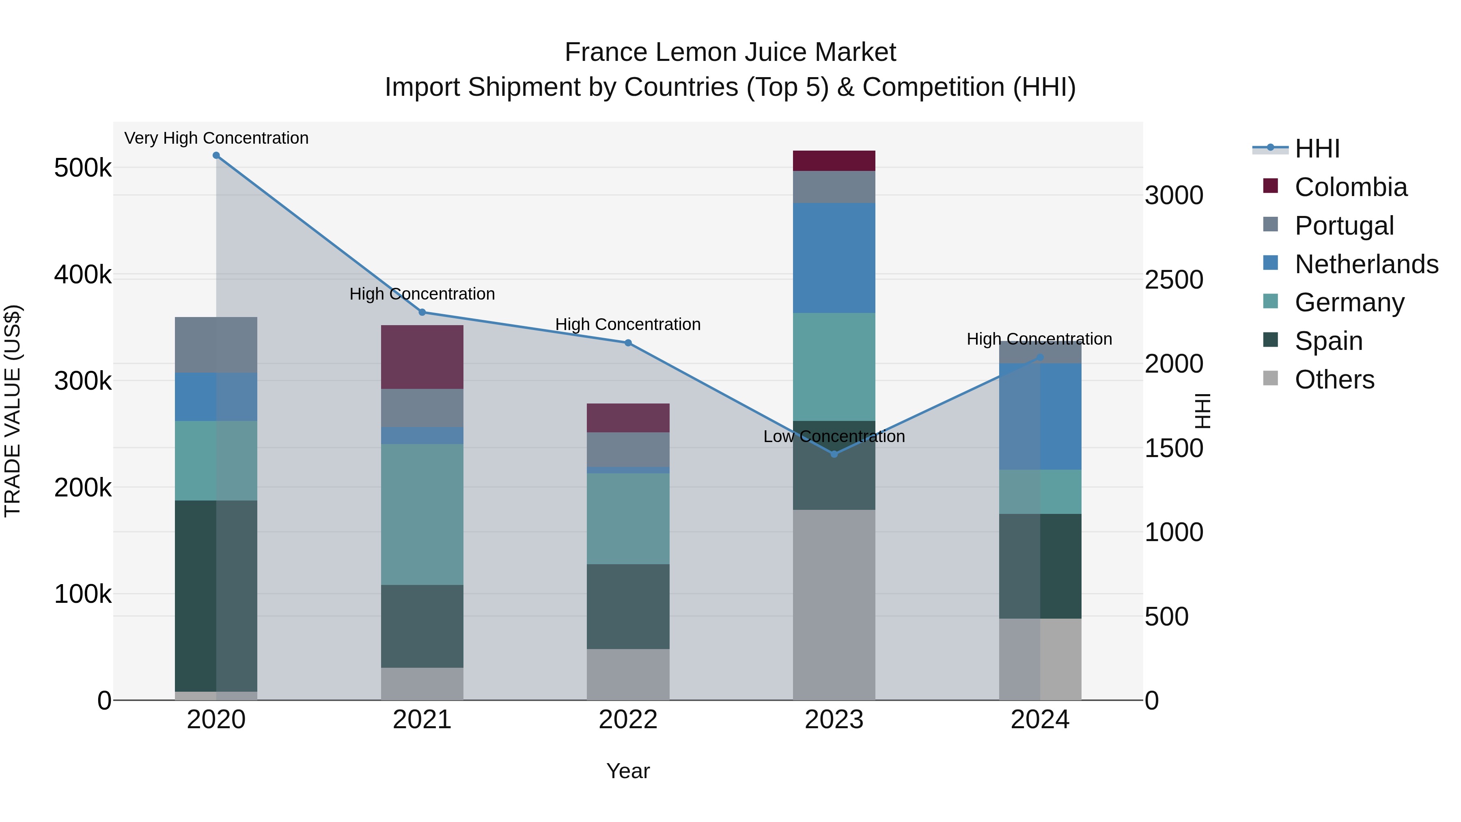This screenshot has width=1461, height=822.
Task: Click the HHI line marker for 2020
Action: pyautogui.click(x=216, y=155)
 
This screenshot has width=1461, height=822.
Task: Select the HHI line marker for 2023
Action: pyautogui.click(x=834, y=454)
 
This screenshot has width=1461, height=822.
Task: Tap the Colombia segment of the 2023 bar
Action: pyautogui.click(x=834, y=160)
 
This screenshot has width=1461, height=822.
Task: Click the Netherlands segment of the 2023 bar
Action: pyautogui.click(x=834, y=258)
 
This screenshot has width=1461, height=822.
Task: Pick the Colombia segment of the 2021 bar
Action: pyautogui.click(x=422, y=357)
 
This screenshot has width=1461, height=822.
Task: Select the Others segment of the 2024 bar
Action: pyautogui.click(x=1040, y=659)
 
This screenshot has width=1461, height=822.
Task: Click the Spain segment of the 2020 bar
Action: pyautogui.click(x=216, y=595)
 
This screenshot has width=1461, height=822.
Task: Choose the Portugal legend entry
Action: pyautogui.click(x=1344, y=226)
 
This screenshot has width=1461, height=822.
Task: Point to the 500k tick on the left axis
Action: pyautogui.click(x=83, y=168)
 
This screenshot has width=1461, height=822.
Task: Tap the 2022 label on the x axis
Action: pyautogui.click(x=628, y=720)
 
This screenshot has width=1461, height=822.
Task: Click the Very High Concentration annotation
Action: pyautogui.click(x=216, y=138)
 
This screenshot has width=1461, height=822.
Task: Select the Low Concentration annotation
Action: pyautogui.click(x=834, y=436)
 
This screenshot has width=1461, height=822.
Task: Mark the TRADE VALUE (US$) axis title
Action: pyautogui.click(x=13, y=411)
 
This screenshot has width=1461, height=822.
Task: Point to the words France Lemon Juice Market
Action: pyautogui.click(x=730, y=52)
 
